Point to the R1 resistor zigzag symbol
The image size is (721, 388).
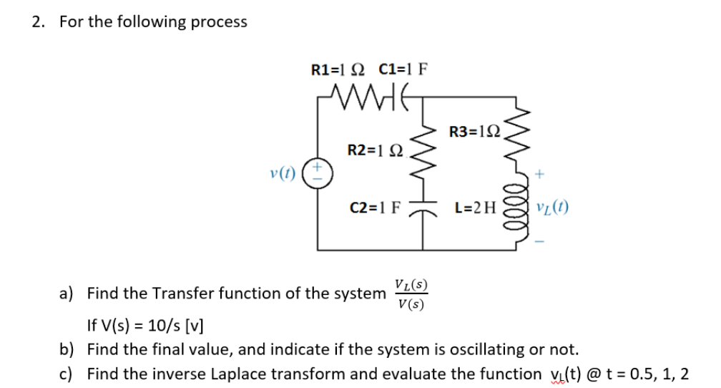pos(358,96)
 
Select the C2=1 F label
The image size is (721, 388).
pos(376,209)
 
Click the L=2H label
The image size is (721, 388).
pos(474,209)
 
